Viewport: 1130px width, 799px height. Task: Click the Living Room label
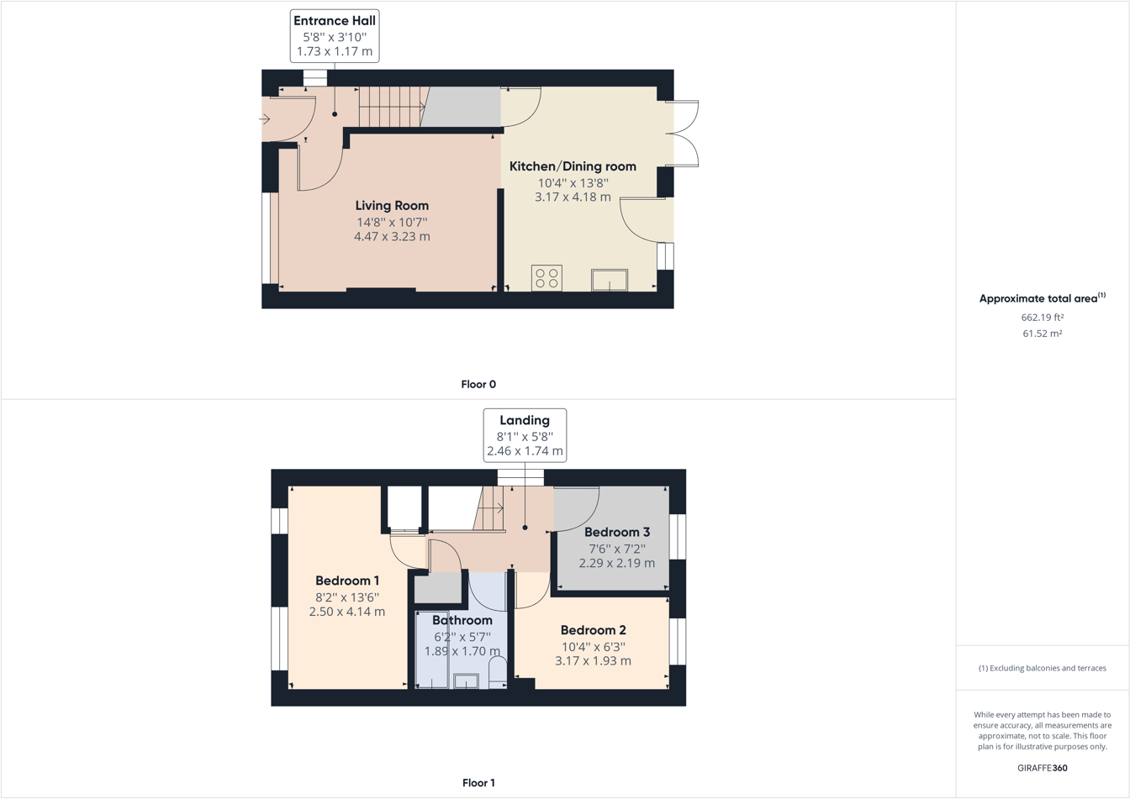click(x=392, y=206)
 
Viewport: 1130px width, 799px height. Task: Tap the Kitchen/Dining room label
click(x=573, y=166)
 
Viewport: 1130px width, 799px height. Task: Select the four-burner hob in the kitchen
click(x=547, y=278)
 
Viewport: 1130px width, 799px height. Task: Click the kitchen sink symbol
click(x=610, y=280)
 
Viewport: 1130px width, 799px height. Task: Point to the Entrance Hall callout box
click(x=335, y=35)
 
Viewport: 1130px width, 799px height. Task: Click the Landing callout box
click(x=525, y=435)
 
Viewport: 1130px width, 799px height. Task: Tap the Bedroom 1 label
click(x=347, y=581)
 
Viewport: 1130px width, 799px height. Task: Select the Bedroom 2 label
click(x=593, y=630)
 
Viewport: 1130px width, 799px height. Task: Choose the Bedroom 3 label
click(x=617, y=532)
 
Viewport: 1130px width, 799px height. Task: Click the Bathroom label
click(x=462, y=621)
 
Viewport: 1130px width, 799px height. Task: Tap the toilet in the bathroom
click(x=498, y=672)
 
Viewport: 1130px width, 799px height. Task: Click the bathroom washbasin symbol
click(x=466, y=681)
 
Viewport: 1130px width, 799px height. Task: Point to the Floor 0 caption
click(x=478, y=385)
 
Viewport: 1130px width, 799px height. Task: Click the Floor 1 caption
click(x=478, y=783)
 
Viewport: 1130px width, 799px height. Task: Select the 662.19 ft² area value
click(x=1043, y=318)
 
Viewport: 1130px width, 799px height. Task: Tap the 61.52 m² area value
click(x=1043, y=334)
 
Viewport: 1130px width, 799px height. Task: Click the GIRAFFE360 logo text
click(x=1043, y=768)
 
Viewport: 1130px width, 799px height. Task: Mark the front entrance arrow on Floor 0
click(x=264, y=119)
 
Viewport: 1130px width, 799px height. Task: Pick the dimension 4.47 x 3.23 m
click(x=392, y=237)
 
